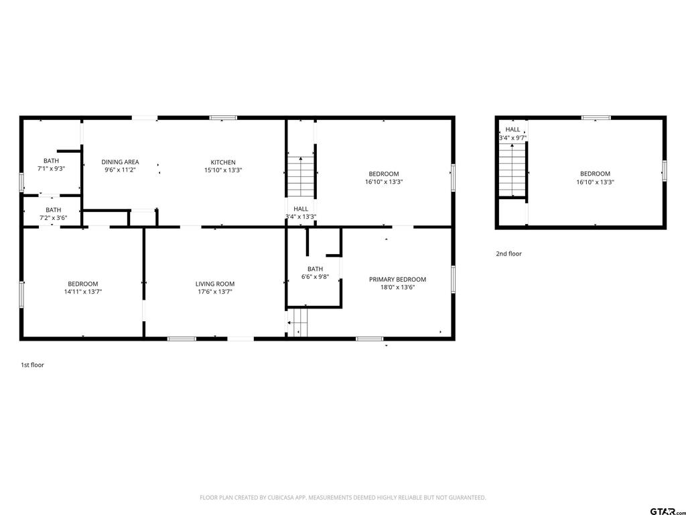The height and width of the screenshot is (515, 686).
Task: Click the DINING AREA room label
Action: (x=121, y=162)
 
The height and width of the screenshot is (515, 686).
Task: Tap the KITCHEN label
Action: (x=223, y=162)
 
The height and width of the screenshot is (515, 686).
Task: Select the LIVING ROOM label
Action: (x=215, y=284)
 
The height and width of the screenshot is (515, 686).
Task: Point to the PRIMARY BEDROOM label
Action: (x=397, y=280)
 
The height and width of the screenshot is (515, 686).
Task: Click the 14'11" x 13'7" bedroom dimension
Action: (x=82, y=292)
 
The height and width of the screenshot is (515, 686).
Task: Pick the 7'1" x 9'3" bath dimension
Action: (x=51, y=168)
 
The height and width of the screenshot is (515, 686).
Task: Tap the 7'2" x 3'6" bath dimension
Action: (x=54, y=218)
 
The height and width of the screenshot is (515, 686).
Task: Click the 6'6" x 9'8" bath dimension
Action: (x=315, y=277)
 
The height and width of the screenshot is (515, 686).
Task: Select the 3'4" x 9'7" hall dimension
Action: (x=512, y=137)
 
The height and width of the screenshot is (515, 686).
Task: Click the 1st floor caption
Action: (x=32, y=365)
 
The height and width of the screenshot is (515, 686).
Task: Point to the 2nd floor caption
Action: (x=509, y=253)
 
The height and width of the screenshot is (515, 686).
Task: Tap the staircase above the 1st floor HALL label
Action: (x=301, y=176)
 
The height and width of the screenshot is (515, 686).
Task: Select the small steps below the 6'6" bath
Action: (x=297, y=323)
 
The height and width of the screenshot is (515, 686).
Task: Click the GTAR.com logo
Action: (x=667, y=511)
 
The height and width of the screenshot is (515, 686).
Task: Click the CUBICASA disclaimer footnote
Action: (x=342, y=498)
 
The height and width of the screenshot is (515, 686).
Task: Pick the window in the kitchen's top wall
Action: (x=223, y=118)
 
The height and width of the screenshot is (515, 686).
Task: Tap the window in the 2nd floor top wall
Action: (x=596, y=118)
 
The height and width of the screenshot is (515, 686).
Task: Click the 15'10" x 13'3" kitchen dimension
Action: (x=223, y=170)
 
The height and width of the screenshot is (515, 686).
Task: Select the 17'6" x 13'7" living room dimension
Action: (x=215, y=292)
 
